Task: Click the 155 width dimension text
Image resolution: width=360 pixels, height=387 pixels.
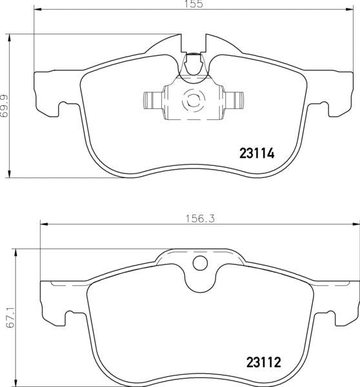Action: pos(197,5)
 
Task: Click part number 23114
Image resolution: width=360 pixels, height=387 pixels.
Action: pos(257,154)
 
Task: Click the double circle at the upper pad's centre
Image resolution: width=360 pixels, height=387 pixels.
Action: pos(192,101)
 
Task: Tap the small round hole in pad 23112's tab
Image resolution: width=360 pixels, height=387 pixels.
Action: pos(200,263)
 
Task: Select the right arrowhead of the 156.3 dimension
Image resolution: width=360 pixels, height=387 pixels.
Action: pos(357,224)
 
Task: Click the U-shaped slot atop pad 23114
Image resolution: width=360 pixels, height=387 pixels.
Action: pos(192,63)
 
